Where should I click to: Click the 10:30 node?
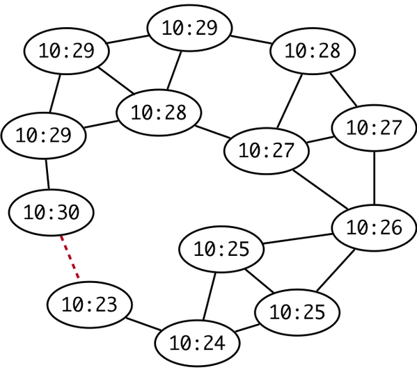[x=52, y=213]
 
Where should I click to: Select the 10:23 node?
[x=90, y=305]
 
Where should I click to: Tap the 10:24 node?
[x=197, y=343]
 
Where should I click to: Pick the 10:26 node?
[x=374, y=228]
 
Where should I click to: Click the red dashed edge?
[x=70, y=257]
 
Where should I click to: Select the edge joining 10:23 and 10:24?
[x=143, y=324]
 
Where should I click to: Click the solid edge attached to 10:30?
[x=47, y=175]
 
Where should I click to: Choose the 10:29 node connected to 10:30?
[x=44, y=136]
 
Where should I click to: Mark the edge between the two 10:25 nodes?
[x=260, y=281]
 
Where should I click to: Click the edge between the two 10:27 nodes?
[x=320, y=140]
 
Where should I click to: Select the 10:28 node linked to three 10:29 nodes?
[x=159, y=113]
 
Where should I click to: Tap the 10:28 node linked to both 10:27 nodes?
[x=313, y=51]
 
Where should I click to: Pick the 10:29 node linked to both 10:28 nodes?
[x=189, y=28]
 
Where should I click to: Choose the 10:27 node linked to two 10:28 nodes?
[x=267, y=151]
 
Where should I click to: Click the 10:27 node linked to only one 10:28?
[x=374, y=128]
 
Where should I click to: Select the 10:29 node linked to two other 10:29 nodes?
[x=67, y=51]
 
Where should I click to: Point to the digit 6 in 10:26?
[x=396, y=227]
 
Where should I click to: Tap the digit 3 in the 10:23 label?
[x=111, y=305]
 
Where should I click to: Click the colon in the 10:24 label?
[x=197, y=344]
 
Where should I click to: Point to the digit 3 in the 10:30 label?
[x=62, y=212]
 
